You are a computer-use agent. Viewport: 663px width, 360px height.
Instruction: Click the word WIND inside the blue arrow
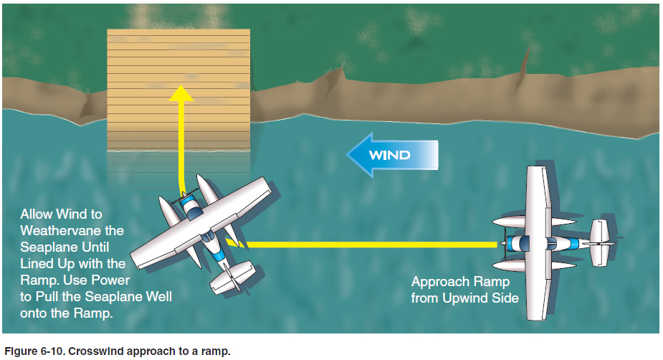pyautogui.click(x=389, y=155)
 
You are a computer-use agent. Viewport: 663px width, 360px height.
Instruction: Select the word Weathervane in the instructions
pyautogui.click(x=72, y=230)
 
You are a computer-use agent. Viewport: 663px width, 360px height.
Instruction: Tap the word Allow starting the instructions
pyautogui.click(x=37, y=214)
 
